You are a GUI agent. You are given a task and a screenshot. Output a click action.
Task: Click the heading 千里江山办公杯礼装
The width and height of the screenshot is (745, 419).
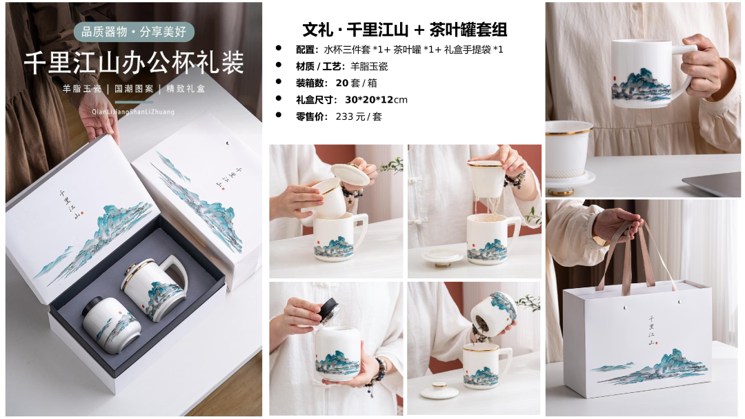point(134,62)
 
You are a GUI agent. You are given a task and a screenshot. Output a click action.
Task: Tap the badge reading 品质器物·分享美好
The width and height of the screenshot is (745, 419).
point(134,32)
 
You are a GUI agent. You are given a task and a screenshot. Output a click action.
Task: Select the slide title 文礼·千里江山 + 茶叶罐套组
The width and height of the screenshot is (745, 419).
point(405,30)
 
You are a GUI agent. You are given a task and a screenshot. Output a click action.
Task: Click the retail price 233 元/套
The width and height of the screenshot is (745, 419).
point(359,116)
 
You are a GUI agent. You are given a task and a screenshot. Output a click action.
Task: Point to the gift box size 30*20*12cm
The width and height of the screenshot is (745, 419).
point(376,100)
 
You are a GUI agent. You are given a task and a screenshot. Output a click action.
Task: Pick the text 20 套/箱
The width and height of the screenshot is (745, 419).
point(357,83)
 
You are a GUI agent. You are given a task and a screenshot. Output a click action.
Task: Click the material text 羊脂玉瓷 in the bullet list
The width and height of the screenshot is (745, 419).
point(368,66)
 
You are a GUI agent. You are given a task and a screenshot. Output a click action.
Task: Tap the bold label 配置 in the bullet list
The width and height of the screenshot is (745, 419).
point(306,50)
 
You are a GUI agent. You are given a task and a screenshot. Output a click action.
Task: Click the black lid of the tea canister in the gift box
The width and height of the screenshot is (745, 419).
point(97,305)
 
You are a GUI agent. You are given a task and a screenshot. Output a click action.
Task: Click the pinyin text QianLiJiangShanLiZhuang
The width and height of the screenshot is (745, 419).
point(133,112)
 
